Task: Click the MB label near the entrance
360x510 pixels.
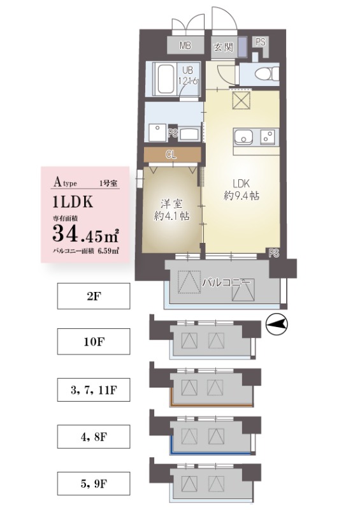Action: [x=185, y=45]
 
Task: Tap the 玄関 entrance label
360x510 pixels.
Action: [x=222, y=46]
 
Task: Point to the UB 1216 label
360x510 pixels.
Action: [x=189, y=76]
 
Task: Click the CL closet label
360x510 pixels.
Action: [x=170, y=154]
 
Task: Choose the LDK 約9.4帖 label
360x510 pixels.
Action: [x=240, y=189]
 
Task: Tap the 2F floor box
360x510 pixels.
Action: [x=94, y=296]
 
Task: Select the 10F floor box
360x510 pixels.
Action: [x=94, y=342]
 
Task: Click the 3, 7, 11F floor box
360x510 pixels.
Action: [x=94, y=390]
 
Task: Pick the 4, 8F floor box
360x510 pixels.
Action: [x=94, y=437]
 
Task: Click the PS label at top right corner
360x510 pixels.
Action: [x=260, y=41]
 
